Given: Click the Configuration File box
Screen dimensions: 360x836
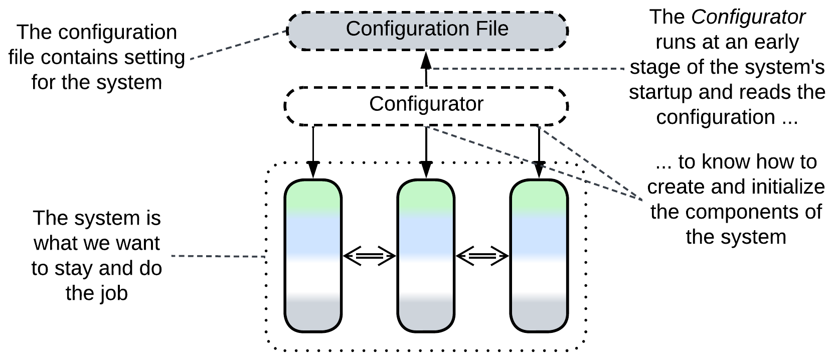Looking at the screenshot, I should click(427, 30).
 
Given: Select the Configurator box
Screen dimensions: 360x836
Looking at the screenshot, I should click(426, 105).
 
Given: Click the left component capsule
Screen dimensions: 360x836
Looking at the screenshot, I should click(313, 256).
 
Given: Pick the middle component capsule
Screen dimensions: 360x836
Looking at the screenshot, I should click(426, 256).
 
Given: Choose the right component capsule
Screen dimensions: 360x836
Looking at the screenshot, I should click(539, 256).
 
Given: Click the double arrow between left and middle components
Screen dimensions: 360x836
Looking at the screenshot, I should click(370, 256).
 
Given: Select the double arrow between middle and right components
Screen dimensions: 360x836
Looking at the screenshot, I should click(482, 256).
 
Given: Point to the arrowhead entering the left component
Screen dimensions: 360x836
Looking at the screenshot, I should click(313, 169).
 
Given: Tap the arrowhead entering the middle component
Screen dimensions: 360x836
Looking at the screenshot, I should click(426, 169).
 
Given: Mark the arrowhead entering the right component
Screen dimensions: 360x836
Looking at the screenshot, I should click(539, 169).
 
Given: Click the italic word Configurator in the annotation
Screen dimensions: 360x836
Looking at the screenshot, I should click(748, 18).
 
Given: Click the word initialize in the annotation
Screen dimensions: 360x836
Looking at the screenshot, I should click(795, 187).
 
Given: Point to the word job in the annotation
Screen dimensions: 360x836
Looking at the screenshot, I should click(115, 293).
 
